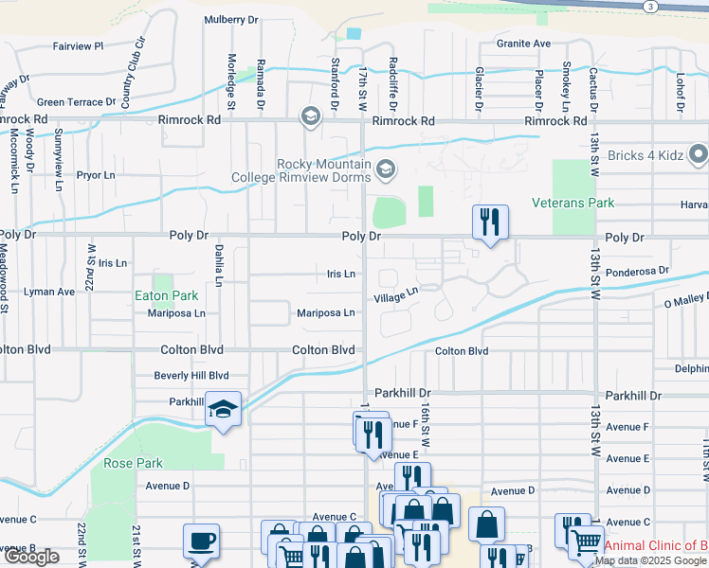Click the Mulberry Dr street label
tap(230, 20)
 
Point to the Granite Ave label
tap(524, 44)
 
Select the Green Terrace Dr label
tap(76, 102)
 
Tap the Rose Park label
tap(134, 464)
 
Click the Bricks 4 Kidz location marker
tap(700, 153)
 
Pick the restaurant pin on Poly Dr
tap(490, 222)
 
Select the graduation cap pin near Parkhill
tap(223, 408)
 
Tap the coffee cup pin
tap(202, 541)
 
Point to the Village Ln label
tap(395, 296)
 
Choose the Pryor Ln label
tap(96, 175)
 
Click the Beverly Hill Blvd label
tap(191, 376)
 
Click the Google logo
tap(31, 557)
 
